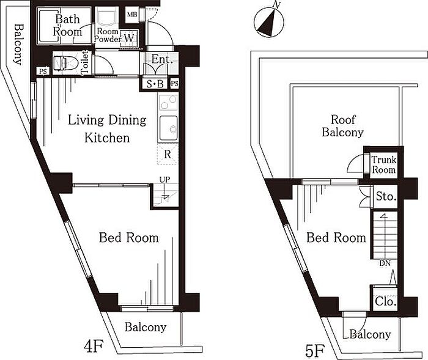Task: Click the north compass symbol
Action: [x=269, y=22]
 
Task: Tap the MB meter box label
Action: [x=133, y=15]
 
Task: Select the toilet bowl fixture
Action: [x=66, y=64]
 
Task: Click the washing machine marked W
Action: [x=128, y=38]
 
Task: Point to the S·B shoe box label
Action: [x=155, y=84]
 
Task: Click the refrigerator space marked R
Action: [x=168, y=155]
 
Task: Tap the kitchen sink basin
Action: [x=168, y=128]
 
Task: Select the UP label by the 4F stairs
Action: [x=165, y=180]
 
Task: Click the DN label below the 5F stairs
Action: [x=385, y=263]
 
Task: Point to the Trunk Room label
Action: [x=384, y=164]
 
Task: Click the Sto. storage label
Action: [x=386, y=196]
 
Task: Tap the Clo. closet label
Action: [x=385, y=301]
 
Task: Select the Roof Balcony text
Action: [x=342, y=126]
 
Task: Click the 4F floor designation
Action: [x=93, y=347]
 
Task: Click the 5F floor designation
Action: [x=315, y=351]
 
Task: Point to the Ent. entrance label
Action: [x=162, y=59]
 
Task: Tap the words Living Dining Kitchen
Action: [x=107, y=129]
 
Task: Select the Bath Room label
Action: [x=68, y=26]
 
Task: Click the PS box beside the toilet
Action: [x=43, y=72]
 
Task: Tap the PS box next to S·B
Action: [x=175, y=84]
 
